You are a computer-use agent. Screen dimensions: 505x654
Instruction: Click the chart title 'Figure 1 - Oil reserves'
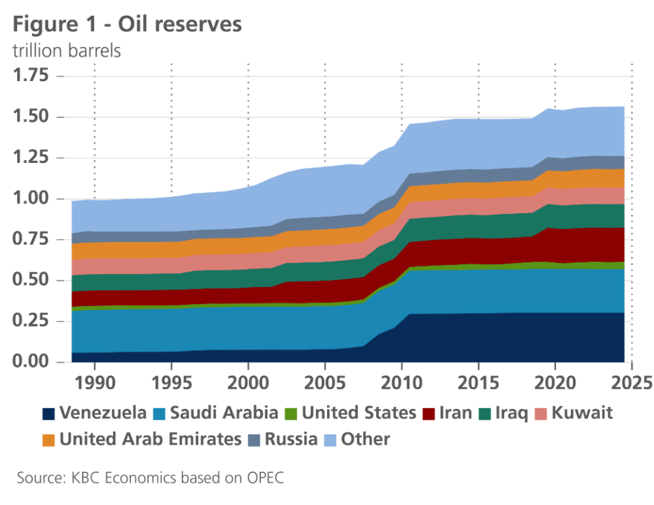[x=127, y=25]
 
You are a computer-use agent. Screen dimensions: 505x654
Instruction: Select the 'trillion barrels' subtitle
[x=67, y=51]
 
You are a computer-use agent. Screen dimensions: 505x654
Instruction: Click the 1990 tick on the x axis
[x=94, y=379]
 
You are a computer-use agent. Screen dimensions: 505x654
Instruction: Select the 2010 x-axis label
[x=402, y=379]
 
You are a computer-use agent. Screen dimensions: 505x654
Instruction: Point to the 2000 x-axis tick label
[x=248, y=379]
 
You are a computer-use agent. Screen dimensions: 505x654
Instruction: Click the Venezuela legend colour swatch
[x=48, y=413]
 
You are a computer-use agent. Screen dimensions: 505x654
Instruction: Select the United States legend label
[x=358, y=413]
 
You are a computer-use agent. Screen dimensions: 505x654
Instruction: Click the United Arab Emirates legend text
[x=150, y=439]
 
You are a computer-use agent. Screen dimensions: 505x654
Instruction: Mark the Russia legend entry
[x=291, y=439]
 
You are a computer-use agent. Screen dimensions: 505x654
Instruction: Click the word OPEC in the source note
[x=264, y=478]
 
